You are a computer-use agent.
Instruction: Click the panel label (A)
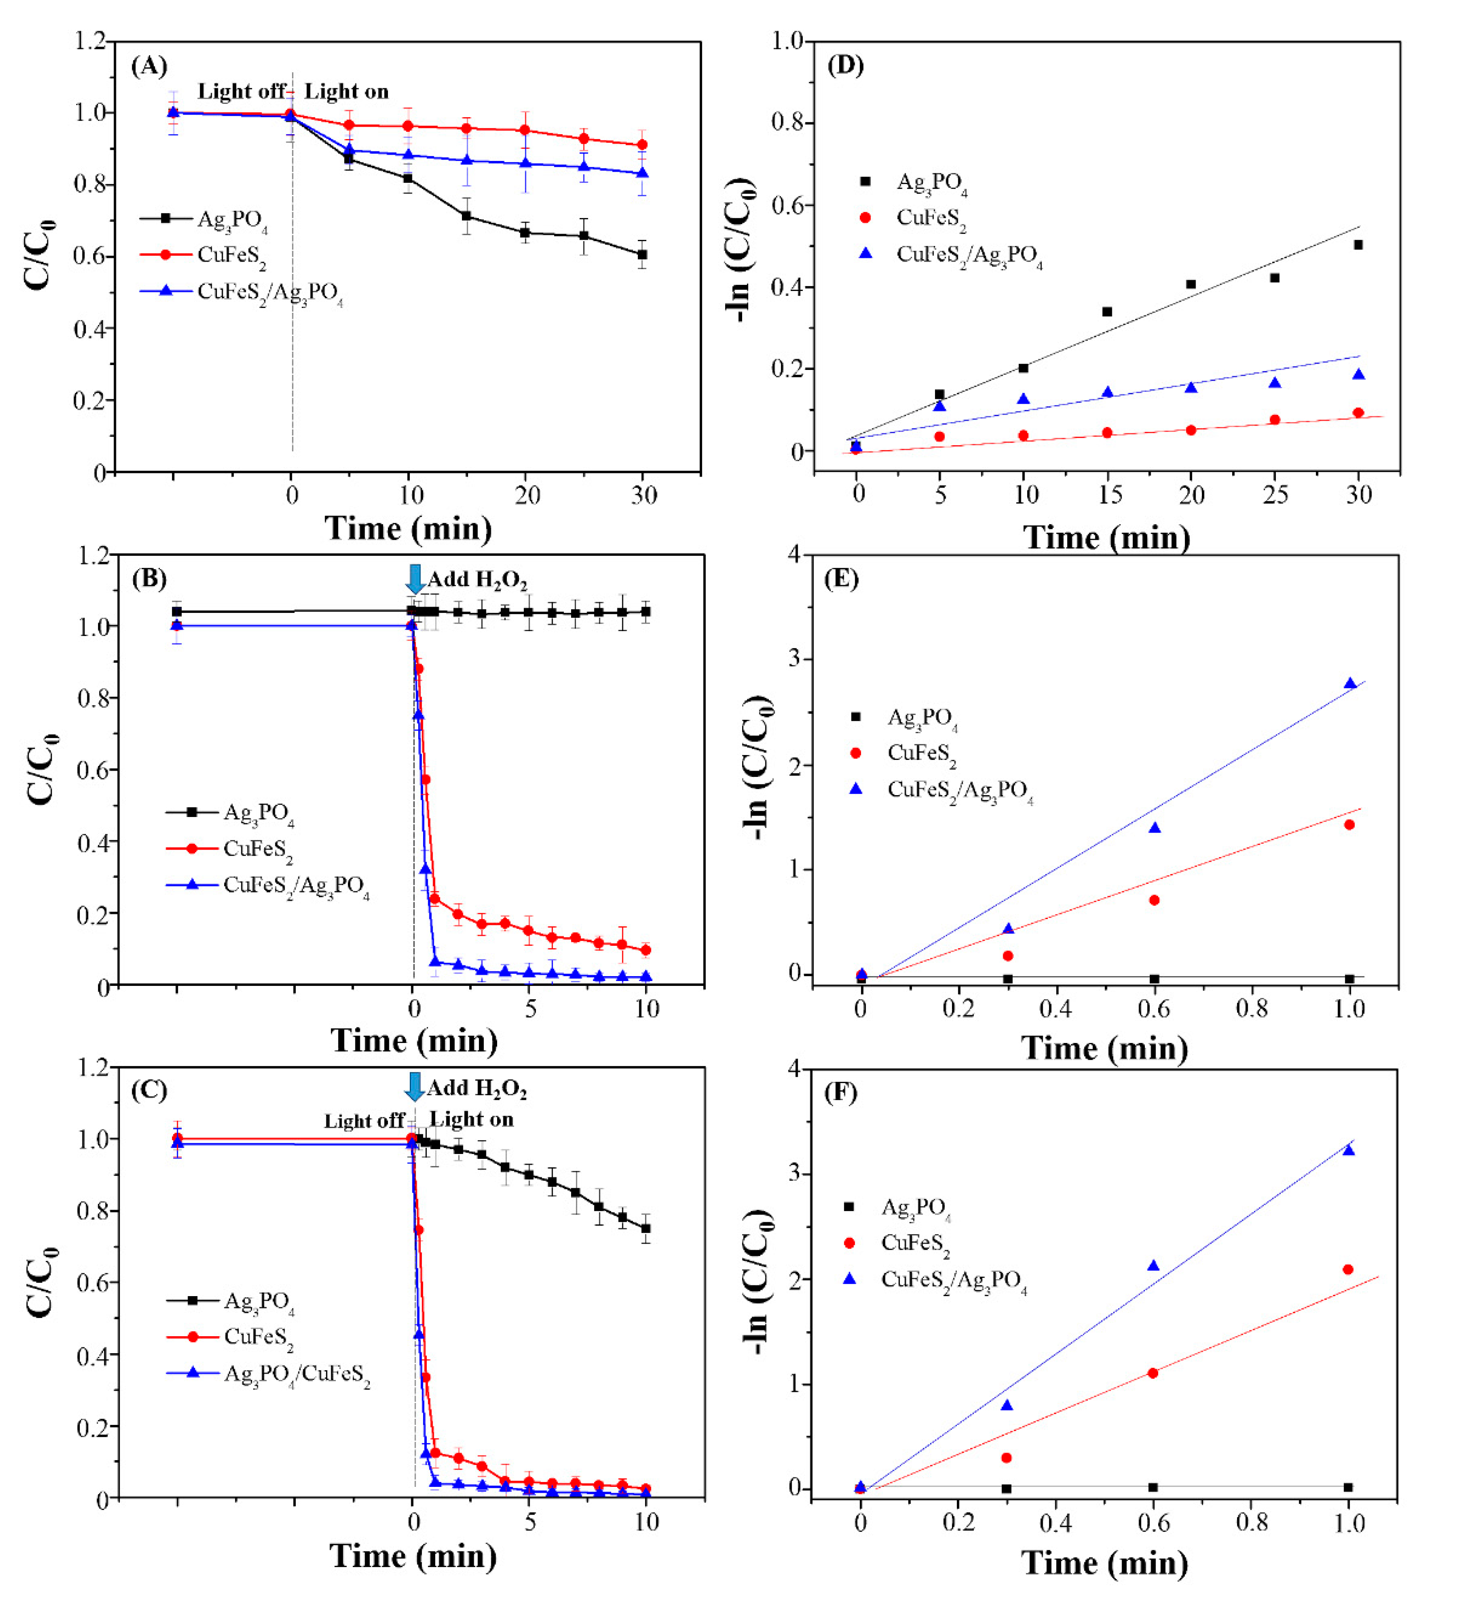pos(149,65)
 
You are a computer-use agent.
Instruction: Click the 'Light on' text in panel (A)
pos(346,91)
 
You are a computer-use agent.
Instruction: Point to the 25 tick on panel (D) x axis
pos(1275,495)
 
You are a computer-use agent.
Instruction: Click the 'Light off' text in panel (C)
pos(363,1121)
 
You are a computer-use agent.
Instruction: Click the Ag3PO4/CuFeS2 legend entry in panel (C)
pos(296,1373)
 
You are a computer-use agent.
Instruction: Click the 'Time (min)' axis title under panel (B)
pos(414,1041)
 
